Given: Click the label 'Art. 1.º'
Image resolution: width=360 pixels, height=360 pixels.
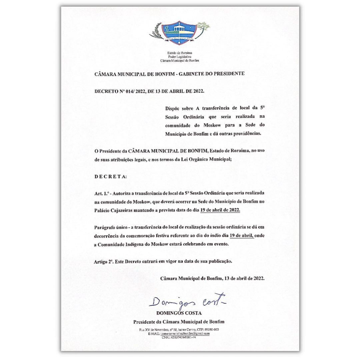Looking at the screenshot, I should (x=102, y=194).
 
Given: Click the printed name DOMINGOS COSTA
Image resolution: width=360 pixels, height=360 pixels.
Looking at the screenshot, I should (x=179, y=313).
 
